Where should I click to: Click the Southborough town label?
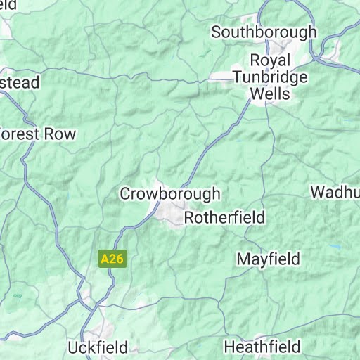point(264,32)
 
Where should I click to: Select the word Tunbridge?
point(269,77)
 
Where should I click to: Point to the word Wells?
point(269,94)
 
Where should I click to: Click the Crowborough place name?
point(170,193)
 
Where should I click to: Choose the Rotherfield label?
point(224,218)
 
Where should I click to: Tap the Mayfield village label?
point(268,259)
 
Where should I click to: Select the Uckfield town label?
point(98,347)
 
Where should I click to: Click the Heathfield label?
point(262,347)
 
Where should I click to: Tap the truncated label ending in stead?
point(20,83)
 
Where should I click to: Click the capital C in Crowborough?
point(126,193)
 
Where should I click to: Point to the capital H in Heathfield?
point(229,347)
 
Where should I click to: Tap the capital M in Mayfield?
point(243,259)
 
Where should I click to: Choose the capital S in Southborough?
point(217,32)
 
